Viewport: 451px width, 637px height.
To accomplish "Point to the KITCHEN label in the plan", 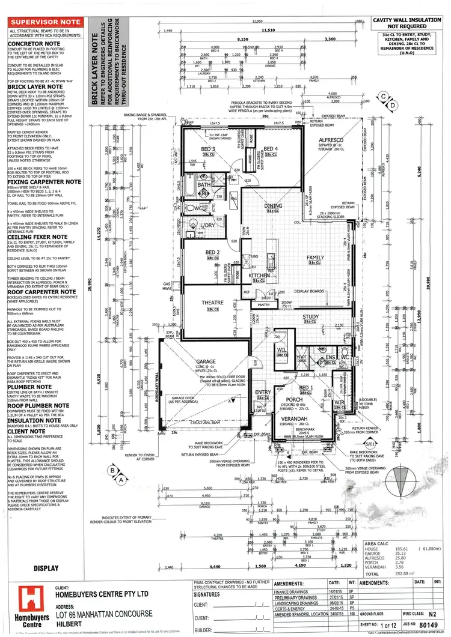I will click(x=259, y=275).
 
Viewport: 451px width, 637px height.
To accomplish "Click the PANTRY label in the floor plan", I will click(x=264, y=306).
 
